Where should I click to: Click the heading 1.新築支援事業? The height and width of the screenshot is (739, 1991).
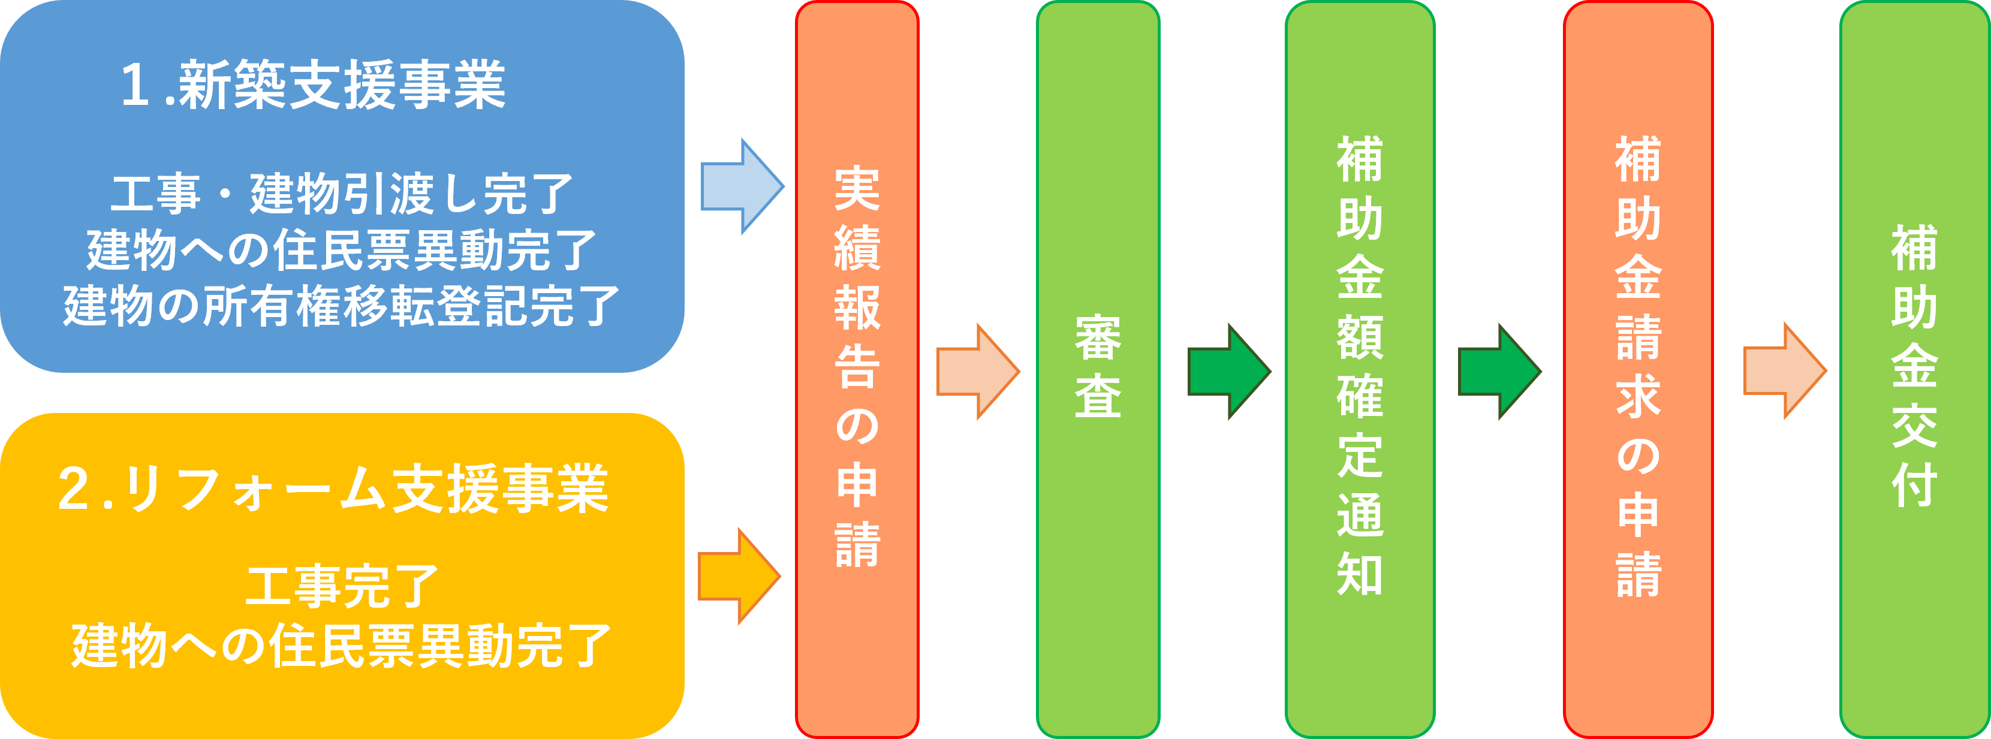point(313,86)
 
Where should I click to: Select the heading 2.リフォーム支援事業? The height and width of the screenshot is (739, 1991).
point(333,489)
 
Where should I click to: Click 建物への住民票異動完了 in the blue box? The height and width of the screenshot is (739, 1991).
point(341,251)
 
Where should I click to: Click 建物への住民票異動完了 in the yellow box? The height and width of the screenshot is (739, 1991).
point(341,646)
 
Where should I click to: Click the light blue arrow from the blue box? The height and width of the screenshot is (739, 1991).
point(741,186)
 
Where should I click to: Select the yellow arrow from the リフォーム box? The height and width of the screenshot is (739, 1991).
point(739,577)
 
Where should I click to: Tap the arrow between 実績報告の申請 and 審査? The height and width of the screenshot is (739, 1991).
point(977,372)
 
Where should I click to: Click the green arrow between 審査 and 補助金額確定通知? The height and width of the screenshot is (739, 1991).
point(1228,372)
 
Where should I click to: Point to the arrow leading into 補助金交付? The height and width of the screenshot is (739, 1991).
point(1784,371)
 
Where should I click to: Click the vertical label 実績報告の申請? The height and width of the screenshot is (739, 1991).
point(857,367)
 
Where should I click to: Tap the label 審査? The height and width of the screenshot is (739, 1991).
point(1098,367)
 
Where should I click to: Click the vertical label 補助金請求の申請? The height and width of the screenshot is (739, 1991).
point(1638,367)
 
